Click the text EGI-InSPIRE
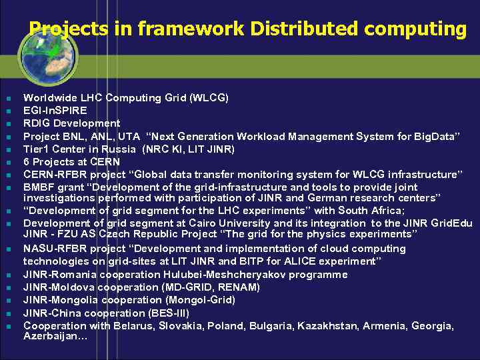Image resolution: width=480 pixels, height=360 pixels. tap(55, 111)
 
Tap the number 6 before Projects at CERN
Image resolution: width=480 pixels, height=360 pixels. tap(27, 162)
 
